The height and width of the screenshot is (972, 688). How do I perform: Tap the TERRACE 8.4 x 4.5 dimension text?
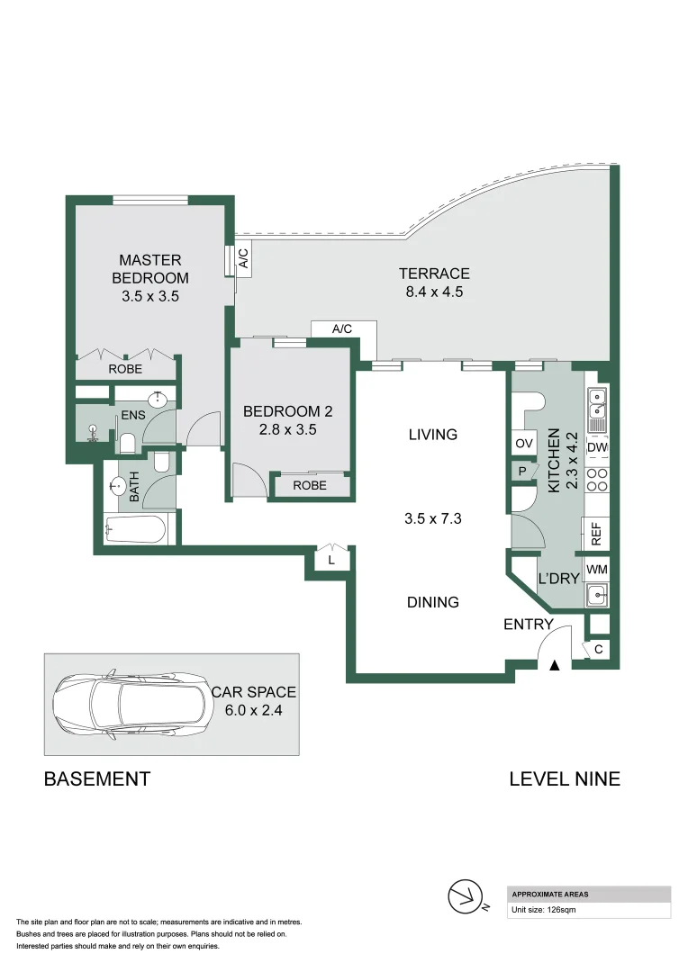coord(435,292)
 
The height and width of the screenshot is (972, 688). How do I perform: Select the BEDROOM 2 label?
coord(288,412)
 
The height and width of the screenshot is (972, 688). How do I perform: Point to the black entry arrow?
coord(555,665)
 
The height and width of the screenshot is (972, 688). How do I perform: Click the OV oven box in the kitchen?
coord(523,444)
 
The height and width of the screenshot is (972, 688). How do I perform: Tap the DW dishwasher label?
coord(597,447)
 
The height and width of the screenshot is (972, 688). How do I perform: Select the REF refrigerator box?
coord(596,534)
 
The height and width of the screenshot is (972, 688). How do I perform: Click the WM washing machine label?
coord(596,571)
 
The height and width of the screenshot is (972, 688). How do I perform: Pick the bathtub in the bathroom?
coord(135,529)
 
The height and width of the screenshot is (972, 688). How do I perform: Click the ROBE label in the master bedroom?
coord(125,369)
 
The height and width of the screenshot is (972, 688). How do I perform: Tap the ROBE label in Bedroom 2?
coord(309,486)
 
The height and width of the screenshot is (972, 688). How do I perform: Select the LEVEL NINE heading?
coord(565,779)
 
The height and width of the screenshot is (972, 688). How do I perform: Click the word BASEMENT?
coord(97,779)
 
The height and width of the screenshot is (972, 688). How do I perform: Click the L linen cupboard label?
coord(331,561)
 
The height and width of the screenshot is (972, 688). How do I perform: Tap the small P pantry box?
coord(522,470)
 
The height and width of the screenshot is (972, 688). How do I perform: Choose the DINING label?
coord(433,602)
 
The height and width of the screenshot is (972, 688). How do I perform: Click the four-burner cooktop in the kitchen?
coord(597,479)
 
